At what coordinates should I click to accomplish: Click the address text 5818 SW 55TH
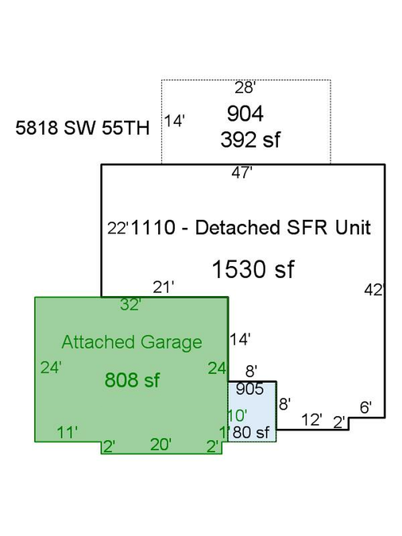click(83, 128)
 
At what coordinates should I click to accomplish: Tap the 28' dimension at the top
click(245, 87)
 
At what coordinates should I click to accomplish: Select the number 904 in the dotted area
click(245, 114)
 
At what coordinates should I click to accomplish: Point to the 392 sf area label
click(250, 140)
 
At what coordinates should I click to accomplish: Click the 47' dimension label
click(242, 172)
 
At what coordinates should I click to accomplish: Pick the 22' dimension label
click(118, 228)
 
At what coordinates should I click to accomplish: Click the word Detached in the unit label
click(238, 227)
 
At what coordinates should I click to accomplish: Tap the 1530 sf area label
click(253, 269)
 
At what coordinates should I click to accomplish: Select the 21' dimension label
click(164, 287)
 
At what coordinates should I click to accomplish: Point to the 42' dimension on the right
click(374, 290)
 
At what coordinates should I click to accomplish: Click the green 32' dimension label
click(131, 304)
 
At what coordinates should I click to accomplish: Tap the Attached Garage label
click(132, 342)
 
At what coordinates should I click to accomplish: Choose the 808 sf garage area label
click(132, 380)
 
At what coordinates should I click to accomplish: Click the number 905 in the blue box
click(249, 389)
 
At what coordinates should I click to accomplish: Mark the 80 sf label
click(251, 433)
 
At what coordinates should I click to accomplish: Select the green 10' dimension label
click(237, 415)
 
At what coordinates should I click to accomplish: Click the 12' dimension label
click(311, 420)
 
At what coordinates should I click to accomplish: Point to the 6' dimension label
click(365, 407)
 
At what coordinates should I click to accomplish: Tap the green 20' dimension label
click(160, 445)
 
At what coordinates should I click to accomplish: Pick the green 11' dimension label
click(67, 433)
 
